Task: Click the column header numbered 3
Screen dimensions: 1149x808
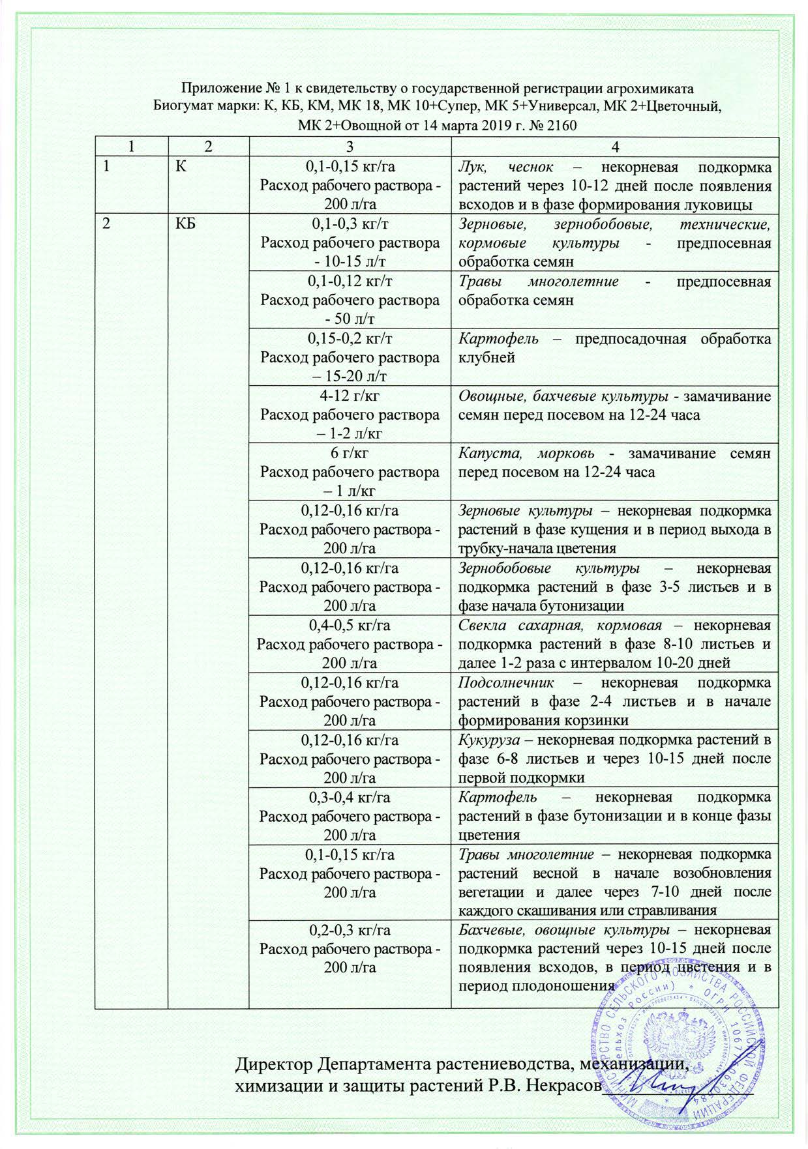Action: tap(350, 147)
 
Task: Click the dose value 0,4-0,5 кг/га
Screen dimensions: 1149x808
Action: tap(350, 626)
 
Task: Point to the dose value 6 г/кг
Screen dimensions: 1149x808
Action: tap(350, 454)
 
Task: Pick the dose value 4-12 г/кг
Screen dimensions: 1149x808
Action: tap(350, 396)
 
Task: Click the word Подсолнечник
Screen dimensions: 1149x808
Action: tap(506, 683)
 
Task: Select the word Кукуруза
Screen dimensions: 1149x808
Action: tap(488, 740)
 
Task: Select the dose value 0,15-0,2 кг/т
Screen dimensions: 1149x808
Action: tap(350, 339)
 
